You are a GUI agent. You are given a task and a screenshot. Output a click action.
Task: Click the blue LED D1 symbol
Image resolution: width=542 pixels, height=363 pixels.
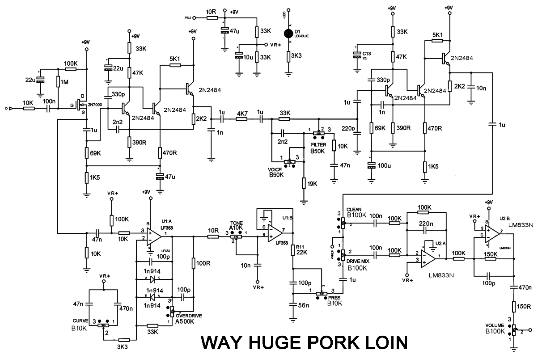pos(289,33)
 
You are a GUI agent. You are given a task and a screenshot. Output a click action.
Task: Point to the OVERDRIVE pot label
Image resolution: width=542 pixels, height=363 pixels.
pos(189,315)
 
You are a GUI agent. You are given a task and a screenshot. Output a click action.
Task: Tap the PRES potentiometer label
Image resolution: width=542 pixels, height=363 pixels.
pos(334,297)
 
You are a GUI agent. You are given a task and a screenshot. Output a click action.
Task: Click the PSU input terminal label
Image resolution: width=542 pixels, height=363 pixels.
pos(187,18)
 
